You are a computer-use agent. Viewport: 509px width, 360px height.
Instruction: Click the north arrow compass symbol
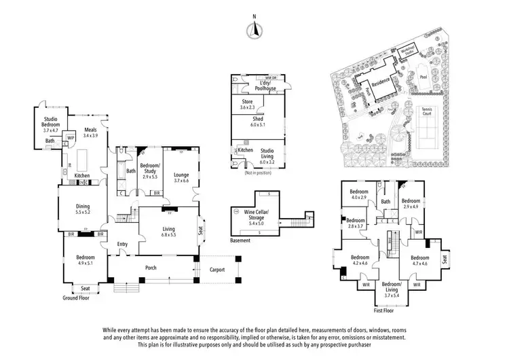coord(254,28)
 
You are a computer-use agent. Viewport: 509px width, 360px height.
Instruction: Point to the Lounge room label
coord(181,175)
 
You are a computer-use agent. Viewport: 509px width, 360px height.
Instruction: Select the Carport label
coord(217,268)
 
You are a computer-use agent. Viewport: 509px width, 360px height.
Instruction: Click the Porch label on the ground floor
coord(151,268)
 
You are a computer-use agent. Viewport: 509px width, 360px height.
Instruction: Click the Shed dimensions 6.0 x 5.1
coord(258,125)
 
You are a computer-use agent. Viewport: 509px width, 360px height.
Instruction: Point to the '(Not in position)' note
coord(258,175)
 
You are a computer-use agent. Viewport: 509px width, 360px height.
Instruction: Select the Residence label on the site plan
coord(381,86)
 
